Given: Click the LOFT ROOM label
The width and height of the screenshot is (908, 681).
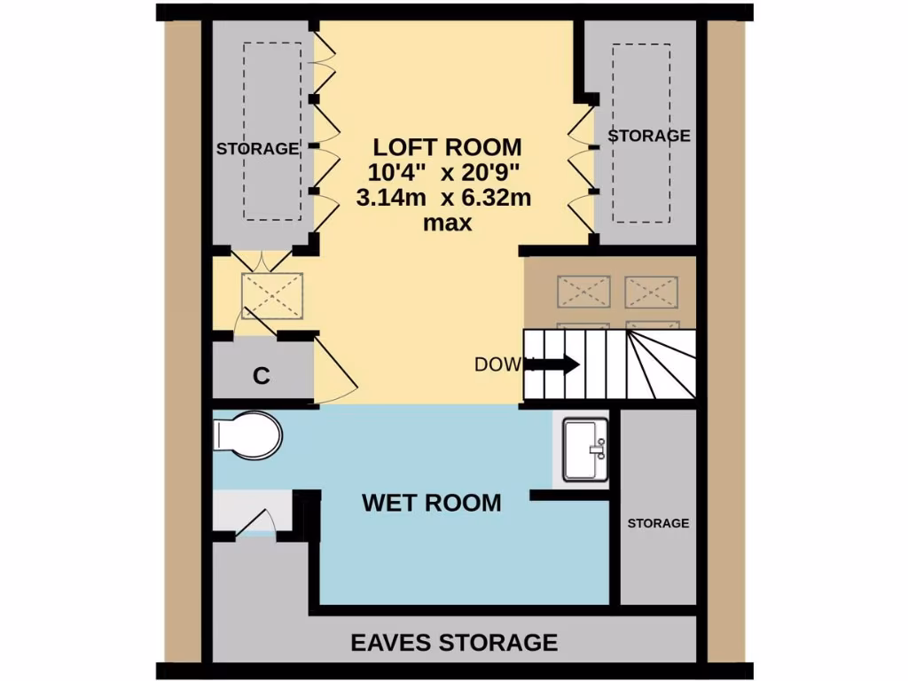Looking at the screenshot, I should pos(447,146).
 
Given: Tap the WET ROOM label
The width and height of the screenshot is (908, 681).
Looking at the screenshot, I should pos(431,503).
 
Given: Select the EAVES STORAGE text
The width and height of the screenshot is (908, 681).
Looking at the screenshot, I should pos(454,642).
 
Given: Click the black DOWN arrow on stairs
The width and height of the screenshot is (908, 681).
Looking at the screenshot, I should pos(557,364).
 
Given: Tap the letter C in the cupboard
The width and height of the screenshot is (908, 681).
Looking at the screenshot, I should pos(261,376).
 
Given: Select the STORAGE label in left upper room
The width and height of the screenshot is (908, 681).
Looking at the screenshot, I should pos(257,149).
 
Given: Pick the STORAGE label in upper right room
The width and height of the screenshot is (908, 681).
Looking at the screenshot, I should pos(648,136).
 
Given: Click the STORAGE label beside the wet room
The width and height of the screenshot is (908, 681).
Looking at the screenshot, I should pos(658,523).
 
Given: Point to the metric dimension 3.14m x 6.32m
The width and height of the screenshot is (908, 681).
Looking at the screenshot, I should pos(443,198).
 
